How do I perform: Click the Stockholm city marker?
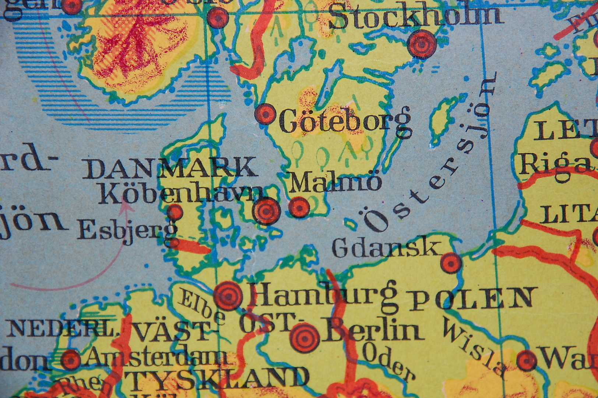pyautogui.click(x=422, y=44)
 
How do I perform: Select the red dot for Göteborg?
pyautogui.click(x=265, y=114)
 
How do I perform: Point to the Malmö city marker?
pyautogui.click(x=299, y=207)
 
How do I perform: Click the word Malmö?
pyautogui.click(x=335, y=182)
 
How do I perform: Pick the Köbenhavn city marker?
pyautogui.click(x=267, y=211)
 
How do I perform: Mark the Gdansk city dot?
pyautogui.click(x=451, y=263)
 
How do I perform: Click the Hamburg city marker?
pyautogui.click(x=228, y=296)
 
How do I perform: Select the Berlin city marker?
pyautogui.click(x=305, y=338)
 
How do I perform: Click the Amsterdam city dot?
pyautogui.click(x=71, y=359)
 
